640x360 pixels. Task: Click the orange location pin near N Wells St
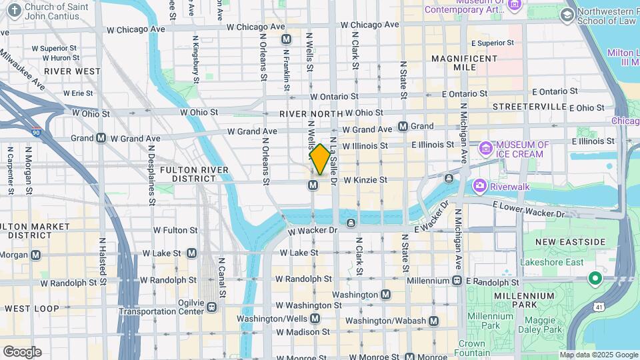click(320, 159)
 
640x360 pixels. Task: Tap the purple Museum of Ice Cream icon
click(486, 147)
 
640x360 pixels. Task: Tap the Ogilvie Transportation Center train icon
click(211, 307)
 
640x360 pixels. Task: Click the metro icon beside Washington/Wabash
click(434, 321)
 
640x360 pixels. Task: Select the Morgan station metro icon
click(35, 255)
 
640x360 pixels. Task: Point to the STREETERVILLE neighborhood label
click(529, 107)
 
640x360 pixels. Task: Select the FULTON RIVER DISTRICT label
click(194, 174)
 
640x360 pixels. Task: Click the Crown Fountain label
click(471, 349)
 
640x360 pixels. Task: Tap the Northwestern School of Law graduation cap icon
click(567, 15)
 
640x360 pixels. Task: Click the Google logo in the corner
click(22, 352)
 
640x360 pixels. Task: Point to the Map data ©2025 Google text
click(598, 355)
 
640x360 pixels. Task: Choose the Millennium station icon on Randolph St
click(457, 281)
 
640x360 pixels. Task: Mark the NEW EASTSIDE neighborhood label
click(570, 241)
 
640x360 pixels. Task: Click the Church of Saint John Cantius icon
click(12, 8)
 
